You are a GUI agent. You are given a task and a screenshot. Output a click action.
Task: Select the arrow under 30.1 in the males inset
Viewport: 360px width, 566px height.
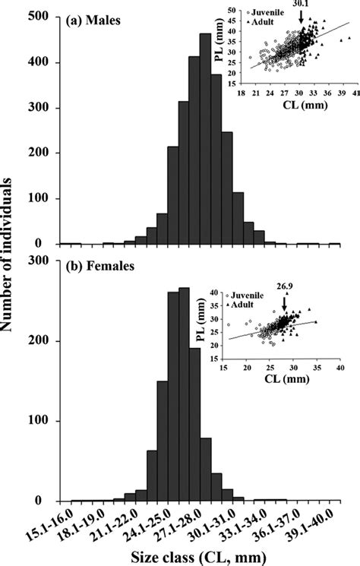(x=302, y=20)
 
